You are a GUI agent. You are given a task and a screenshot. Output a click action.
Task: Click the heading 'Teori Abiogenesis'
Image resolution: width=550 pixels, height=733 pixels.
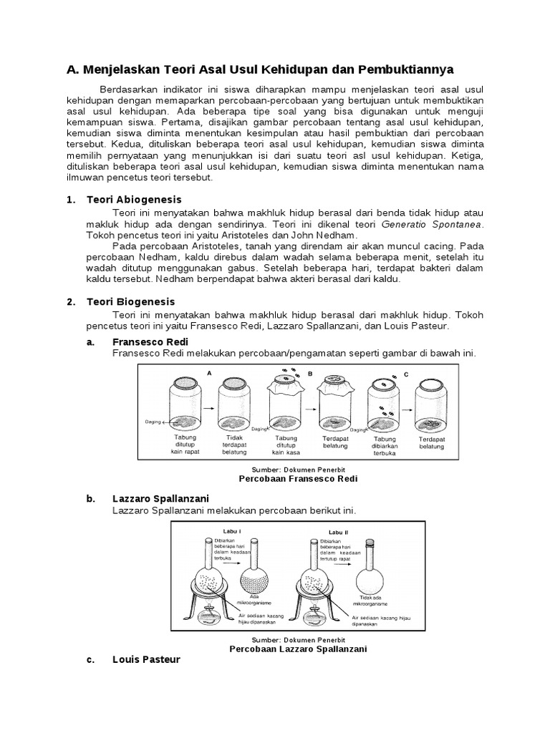[x=134, y=200]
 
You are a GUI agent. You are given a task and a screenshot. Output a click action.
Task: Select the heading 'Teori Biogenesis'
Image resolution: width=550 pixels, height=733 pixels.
[x=130, y=302]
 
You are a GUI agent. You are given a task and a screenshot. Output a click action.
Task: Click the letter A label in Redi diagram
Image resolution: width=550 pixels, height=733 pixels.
[x=208, y=373]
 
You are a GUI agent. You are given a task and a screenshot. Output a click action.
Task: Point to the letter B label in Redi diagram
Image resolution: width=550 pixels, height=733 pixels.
[x=310, y=373]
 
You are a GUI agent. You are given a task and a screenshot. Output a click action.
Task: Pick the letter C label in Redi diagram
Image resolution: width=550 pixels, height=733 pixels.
[x=407, y=373]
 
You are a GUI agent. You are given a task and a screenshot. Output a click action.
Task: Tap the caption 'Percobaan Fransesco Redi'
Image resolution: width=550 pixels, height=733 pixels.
[x=297, y=478]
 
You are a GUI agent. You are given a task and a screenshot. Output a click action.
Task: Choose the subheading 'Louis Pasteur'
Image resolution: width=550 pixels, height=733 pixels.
[x=147, y=660]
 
